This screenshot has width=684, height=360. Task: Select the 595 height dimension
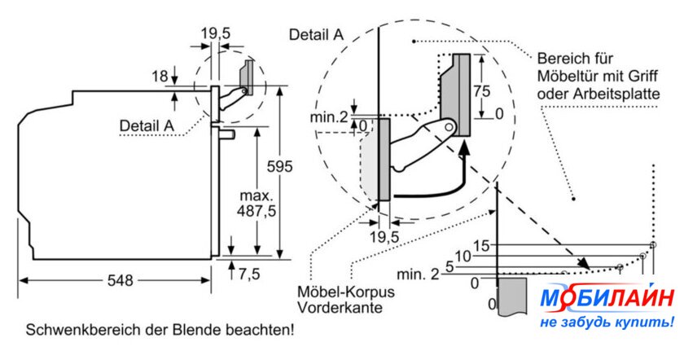point(280,167)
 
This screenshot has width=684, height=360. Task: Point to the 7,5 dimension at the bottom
point(248,274)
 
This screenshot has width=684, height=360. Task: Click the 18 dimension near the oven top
point(160,77)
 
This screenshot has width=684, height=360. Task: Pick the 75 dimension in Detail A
point(482,91)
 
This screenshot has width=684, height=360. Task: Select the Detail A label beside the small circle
point(147,125)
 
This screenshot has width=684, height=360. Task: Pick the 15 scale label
point(482,245)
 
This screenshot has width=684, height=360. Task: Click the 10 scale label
point(463,256)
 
